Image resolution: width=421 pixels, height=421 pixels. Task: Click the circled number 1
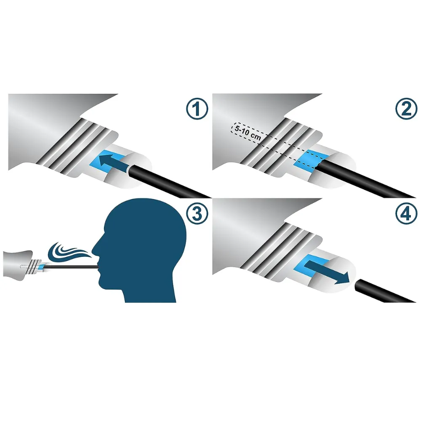click(197, 109)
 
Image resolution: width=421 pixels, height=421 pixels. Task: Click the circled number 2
click(406, 109)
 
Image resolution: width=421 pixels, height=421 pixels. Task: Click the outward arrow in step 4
click(327, 272)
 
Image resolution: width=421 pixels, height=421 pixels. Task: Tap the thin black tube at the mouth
click(71, 266)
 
